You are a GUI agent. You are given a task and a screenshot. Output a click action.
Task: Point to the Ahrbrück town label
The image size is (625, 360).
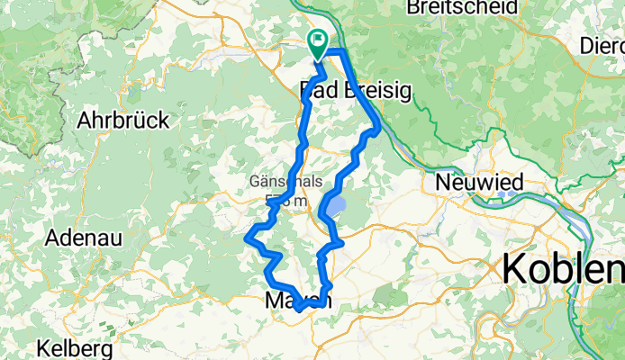[123, 120]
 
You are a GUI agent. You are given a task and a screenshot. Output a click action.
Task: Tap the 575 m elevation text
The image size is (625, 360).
[279, 201]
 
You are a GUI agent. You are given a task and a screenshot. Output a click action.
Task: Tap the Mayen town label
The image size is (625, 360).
[298, 301]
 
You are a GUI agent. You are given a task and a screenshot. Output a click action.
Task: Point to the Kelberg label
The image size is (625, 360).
[75, 347]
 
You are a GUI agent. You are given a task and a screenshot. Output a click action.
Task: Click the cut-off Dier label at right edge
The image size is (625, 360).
[602, 45]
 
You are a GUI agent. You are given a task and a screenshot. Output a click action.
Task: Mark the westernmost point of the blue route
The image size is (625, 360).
[247, 238]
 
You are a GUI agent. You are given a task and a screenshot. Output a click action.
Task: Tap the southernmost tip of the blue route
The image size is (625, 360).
[296, 310]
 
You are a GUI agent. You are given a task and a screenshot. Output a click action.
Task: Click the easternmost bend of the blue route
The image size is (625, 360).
[378, 129]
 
